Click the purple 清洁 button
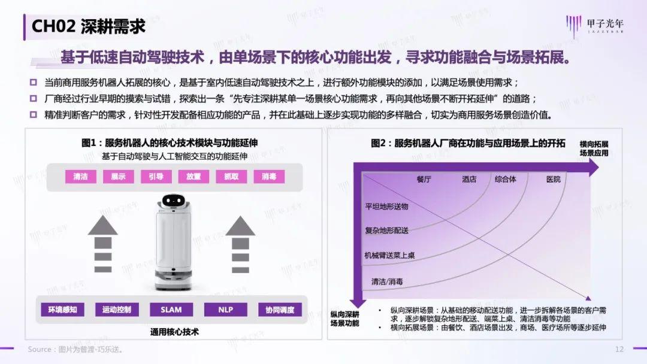(80, 177)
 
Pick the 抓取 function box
(231, 177)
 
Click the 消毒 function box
(269, 177)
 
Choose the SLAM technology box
(171, 310)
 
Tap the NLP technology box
(226, 310)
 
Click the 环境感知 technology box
(62, 310)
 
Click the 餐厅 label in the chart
(424, 180)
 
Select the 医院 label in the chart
(553, 180)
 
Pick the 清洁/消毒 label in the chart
(387, 281)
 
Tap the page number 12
(619, 349)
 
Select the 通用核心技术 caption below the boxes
(174, 331)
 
